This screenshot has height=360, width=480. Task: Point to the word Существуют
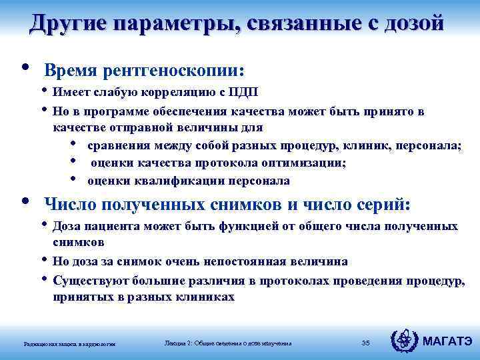tap(86, 280)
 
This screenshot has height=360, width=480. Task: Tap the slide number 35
tap(365, 343)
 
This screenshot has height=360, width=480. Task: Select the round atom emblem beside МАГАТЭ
tap(405, 342)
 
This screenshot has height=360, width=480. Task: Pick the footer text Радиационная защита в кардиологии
tap(69, 344)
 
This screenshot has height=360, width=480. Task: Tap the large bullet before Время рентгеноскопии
tap(25, 67)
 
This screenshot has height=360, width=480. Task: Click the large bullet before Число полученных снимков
tap(25, 200)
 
